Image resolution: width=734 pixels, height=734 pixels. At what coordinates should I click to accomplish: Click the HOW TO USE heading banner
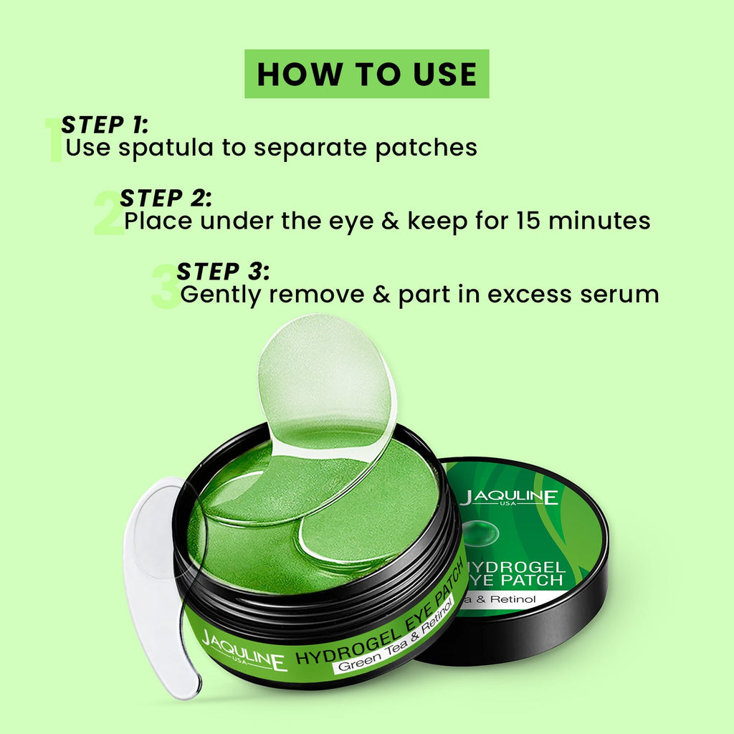coord(366,74)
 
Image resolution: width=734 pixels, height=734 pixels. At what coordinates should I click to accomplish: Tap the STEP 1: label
coord(105,125)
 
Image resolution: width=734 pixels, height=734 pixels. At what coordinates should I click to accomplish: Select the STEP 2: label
coord(166,199)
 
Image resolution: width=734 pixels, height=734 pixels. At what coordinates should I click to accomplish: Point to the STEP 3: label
coord(224,272)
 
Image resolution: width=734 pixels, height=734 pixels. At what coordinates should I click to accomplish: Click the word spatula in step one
coord(166,148)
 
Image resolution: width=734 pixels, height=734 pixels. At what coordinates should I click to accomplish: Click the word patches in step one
coord(426,148)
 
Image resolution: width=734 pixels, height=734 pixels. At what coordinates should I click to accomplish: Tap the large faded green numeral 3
coord(166,286)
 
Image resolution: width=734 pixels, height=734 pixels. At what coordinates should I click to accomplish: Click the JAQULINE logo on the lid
coord(510,497)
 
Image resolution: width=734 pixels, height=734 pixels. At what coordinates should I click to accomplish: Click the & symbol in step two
coord(391,221)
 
